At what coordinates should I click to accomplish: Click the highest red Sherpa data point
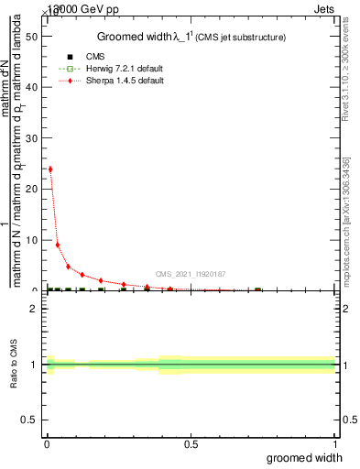tap(49, 169)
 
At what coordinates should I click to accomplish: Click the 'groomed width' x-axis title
tap(312, 456)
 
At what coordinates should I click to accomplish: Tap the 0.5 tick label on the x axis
tap(191, 444)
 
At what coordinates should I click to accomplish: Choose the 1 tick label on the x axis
tap(334, 444)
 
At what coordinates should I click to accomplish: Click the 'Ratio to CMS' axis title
tap(15, 365)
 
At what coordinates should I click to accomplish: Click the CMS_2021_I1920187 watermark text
tap(191, 274)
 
